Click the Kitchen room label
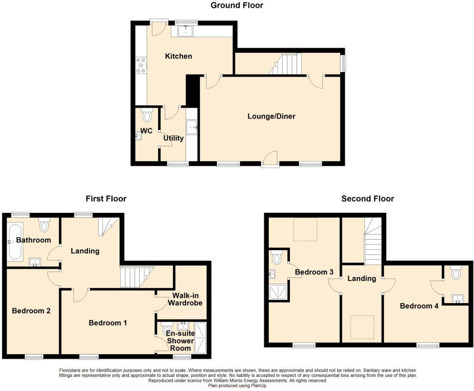178,56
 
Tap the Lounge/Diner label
271,116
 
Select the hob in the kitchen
141,65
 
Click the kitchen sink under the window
185,31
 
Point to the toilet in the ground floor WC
147,116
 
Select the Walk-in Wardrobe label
185,299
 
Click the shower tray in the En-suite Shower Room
201,337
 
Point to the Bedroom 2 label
31,311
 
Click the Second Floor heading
367,199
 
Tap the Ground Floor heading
237,5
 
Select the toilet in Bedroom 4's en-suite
456,274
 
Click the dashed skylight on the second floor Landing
362,327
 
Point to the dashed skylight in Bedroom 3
305,229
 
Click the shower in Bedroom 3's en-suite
278,293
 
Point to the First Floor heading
106,199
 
